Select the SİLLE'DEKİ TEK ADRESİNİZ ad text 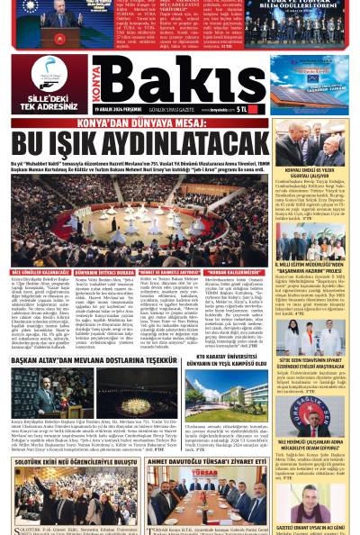click(x=49, y=105)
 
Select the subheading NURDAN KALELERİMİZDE click(x=236, y=272)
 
